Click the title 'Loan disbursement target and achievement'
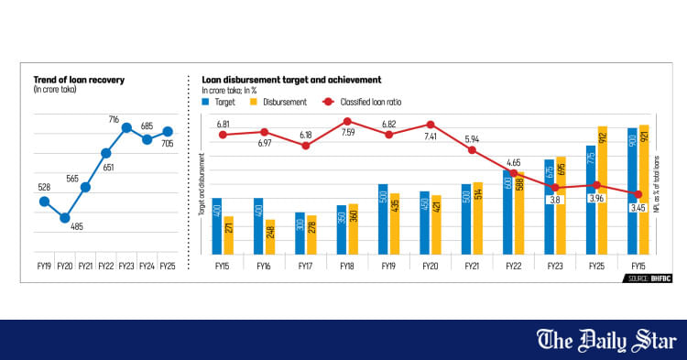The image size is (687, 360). pyautogui.click(x=291, y=81)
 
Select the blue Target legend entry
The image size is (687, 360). pyautogui.click(x=220, y=103)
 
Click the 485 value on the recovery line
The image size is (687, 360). pyautogui.click(x=76, y=226)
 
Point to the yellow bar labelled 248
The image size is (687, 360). pyautogui.click(x=270, y=236)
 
